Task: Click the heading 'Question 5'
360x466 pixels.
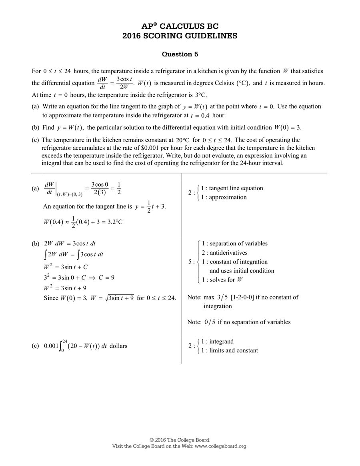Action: pyautogui.click(x=180, y=54)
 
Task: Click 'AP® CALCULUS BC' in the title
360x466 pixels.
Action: pyautogui.click(x=180, y=26)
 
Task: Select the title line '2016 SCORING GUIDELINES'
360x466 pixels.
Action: pyautogui.click(x=180, y=36)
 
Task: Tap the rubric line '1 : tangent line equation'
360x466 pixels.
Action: pyautogui.click(x=232, y=188)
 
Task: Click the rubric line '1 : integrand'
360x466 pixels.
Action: pyautogui.click(x=217, y=341)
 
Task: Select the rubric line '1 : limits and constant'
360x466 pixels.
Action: pyautogui.click(x=230, y=350)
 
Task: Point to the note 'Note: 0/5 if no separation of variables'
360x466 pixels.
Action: pyautogui.click(x=239, y=322)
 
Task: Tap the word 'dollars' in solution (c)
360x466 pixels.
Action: pyautogui.click(x=118, y=346)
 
